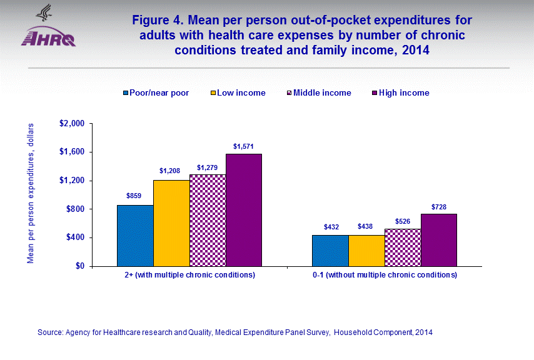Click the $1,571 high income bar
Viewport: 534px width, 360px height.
(x=244, y=210)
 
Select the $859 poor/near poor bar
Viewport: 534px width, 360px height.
(x=135, y=236)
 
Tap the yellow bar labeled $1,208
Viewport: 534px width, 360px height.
(x=171, y=223)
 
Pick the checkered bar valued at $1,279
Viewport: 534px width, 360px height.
(x=208, y=221)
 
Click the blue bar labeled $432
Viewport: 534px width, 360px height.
(x=330, y=251)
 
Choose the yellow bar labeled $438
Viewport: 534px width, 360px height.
(x=366, y=251)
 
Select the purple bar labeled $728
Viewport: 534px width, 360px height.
(x=439, y=240)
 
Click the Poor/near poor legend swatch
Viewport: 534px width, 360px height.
(x=126, y=93)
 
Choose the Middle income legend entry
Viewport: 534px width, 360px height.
(x=322, y=93)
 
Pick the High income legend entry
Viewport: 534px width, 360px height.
(x=404, y=93)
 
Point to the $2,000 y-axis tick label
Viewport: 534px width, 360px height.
(x=71, y=124)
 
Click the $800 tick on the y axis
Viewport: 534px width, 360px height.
(x=76, y=209)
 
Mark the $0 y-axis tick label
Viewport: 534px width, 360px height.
(x=80, y=266)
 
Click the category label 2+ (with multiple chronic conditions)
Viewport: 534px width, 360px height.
(x=189, y=276)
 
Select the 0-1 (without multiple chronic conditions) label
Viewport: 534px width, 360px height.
(x=385, y=276)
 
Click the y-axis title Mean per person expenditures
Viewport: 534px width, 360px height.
(x=30, y=193)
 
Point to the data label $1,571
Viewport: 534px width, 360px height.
(x=244, y=147)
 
